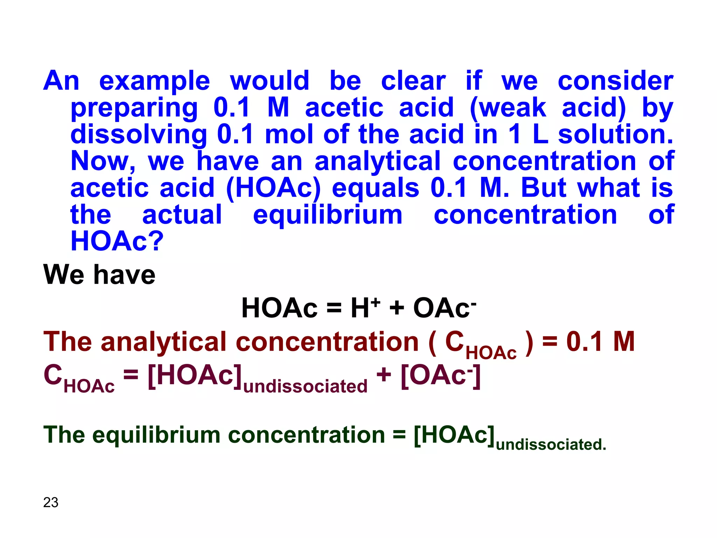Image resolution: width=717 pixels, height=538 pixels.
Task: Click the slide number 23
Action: tap(51, 502)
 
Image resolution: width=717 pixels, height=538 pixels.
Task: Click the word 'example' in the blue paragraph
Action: tap(154, 81)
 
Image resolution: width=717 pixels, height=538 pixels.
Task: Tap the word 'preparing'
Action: tap(134, 108)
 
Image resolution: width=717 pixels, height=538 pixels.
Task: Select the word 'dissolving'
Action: tap(139, 134)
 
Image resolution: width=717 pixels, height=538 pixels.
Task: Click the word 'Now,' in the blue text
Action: tap(103, 161)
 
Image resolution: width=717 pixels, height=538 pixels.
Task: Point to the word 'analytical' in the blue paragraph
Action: tap(377, 161)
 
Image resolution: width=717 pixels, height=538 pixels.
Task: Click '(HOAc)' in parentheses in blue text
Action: tap(273, 188)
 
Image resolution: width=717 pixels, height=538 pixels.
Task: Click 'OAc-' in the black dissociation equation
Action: tap(445, 308)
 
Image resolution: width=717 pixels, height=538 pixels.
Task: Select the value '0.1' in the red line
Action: tap(584, 342)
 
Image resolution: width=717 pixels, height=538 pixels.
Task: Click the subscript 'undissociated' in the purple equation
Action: tap(305, 386)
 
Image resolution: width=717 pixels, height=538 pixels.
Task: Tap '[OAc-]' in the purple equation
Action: tap(440, 375)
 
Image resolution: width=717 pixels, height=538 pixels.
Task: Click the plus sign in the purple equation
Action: tap(383, 375)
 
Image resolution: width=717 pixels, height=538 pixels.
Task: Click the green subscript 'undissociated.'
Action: tap(551, 444)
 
